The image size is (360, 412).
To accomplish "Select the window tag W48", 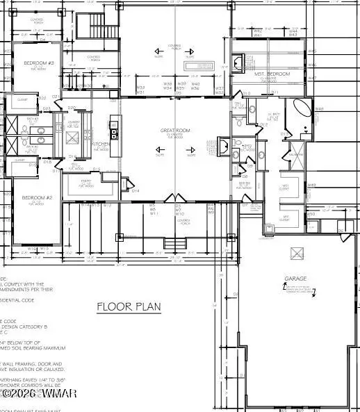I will pyautogui.click(x=319, y=109).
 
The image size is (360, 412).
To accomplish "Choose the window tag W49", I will pyautogui.click(x=311, y=185).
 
